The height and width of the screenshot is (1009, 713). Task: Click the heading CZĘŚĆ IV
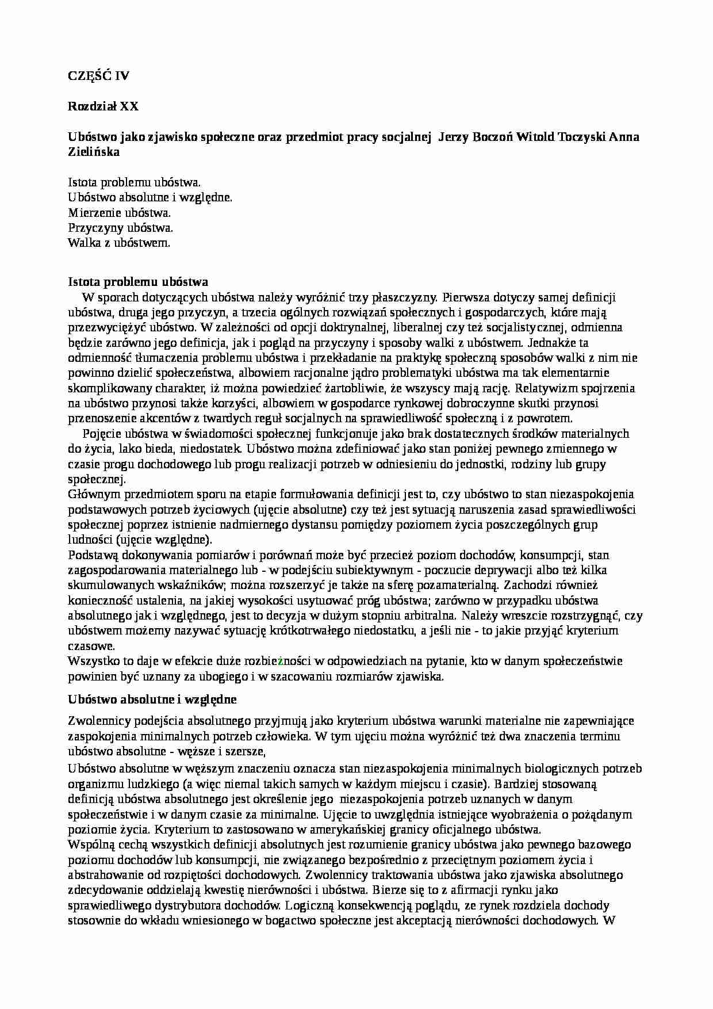[99, 75]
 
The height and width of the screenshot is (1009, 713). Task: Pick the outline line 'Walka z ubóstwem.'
[119, 243]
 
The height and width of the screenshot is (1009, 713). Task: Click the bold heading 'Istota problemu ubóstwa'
[137, 282]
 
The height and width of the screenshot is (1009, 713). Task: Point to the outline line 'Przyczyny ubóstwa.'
[121, 228]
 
